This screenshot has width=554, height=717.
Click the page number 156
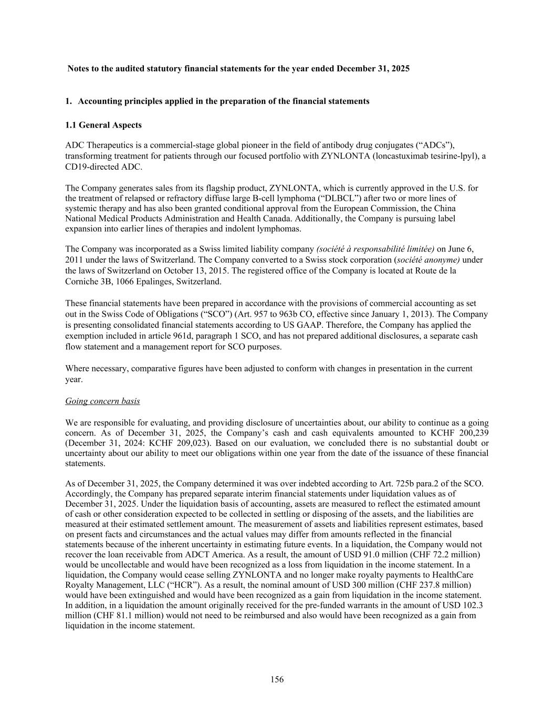(x=277, y=680)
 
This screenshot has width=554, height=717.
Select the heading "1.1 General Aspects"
(x=103, y=125)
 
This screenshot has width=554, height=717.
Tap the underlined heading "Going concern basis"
(x=102, y=401)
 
